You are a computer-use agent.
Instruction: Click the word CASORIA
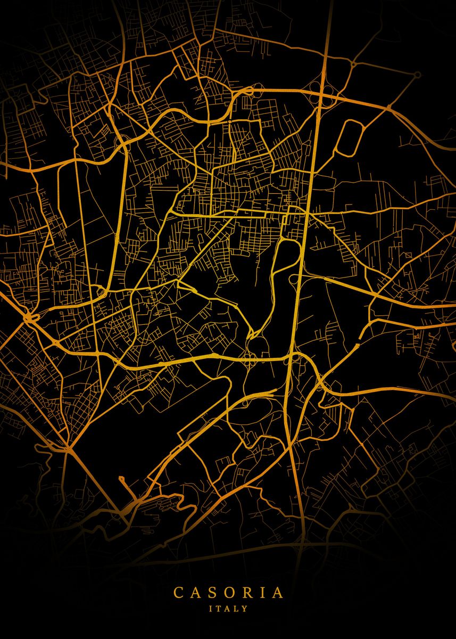pyautogui.click(x=228, y=593)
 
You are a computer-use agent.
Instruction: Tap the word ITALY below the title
pyautogui.click(x=228, y=608)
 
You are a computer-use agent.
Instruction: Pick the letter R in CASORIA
pyautogui.click(x=247, y=593)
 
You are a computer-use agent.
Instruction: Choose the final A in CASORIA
pyautogui.click(x=277, y=593)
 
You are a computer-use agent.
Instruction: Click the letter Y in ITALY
pyautogui.click(x=245, y=608)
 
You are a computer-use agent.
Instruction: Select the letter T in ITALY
pyautogui.click(x=220, y=608)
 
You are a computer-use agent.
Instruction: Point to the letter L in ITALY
pyautogui.click(x=237, y=608)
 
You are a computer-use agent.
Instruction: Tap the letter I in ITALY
pyautogui.click(x=212, y=608)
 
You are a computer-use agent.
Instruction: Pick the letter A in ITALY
pyautogui.click(x=228, y=608)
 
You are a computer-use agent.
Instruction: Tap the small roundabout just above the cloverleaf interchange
pyautogui.click(x=352, y=64)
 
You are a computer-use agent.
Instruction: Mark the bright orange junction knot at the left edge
pyautogui.click(x=29, y=318)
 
